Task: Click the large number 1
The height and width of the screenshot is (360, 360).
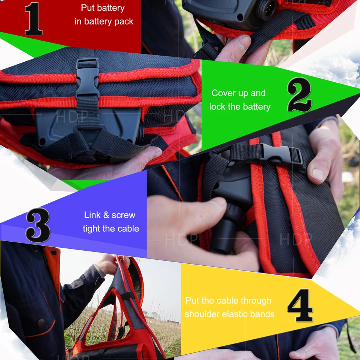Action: pyautogui.click(x=33, y=19)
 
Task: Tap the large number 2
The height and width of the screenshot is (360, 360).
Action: pyautogui.click(x=299, y=95)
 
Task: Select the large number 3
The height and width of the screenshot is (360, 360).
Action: pyautogui.click(x=38, y=225)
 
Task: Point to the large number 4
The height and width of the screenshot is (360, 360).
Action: pyautogui.click(x=300, y=305)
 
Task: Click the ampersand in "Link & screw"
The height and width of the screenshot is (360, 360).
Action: pyautogui.click(x=106, y=215)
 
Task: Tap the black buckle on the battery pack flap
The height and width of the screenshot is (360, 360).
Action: pyautogui.click(x=88, y=78)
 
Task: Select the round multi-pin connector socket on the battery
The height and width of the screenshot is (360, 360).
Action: pyautogui.click(x=266, y=9)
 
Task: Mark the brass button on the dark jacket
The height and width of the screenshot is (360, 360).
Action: pyautogui.click(x=41, y=322)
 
